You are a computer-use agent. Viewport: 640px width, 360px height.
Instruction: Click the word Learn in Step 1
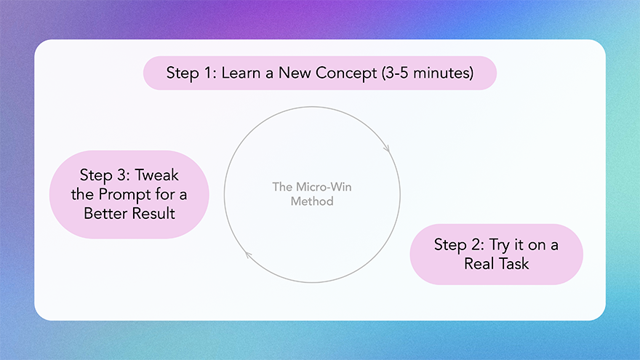tap(239, 73)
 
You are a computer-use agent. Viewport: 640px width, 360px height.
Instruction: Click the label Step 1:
tap(191, 73)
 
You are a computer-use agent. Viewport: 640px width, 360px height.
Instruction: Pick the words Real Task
tap(497, 263)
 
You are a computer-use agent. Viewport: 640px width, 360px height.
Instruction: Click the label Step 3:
tap(103, 177)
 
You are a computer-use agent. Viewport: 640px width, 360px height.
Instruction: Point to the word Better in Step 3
tap(108, 213)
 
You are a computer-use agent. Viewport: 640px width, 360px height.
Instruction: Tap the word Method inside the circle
tap(312, 201)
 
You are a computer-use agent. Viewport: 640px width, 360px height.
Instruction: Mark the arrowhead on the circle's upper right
tap(386, 148)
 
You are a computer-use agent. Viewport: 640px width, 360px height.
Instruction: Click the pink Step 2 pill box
tap(497, 254)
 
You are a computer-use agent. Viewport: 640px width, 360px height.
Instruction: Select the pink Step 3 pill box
tap(129, 194)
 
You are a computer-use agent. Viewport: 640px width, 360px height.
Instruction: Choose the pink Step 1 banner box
tap(319, 73)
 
